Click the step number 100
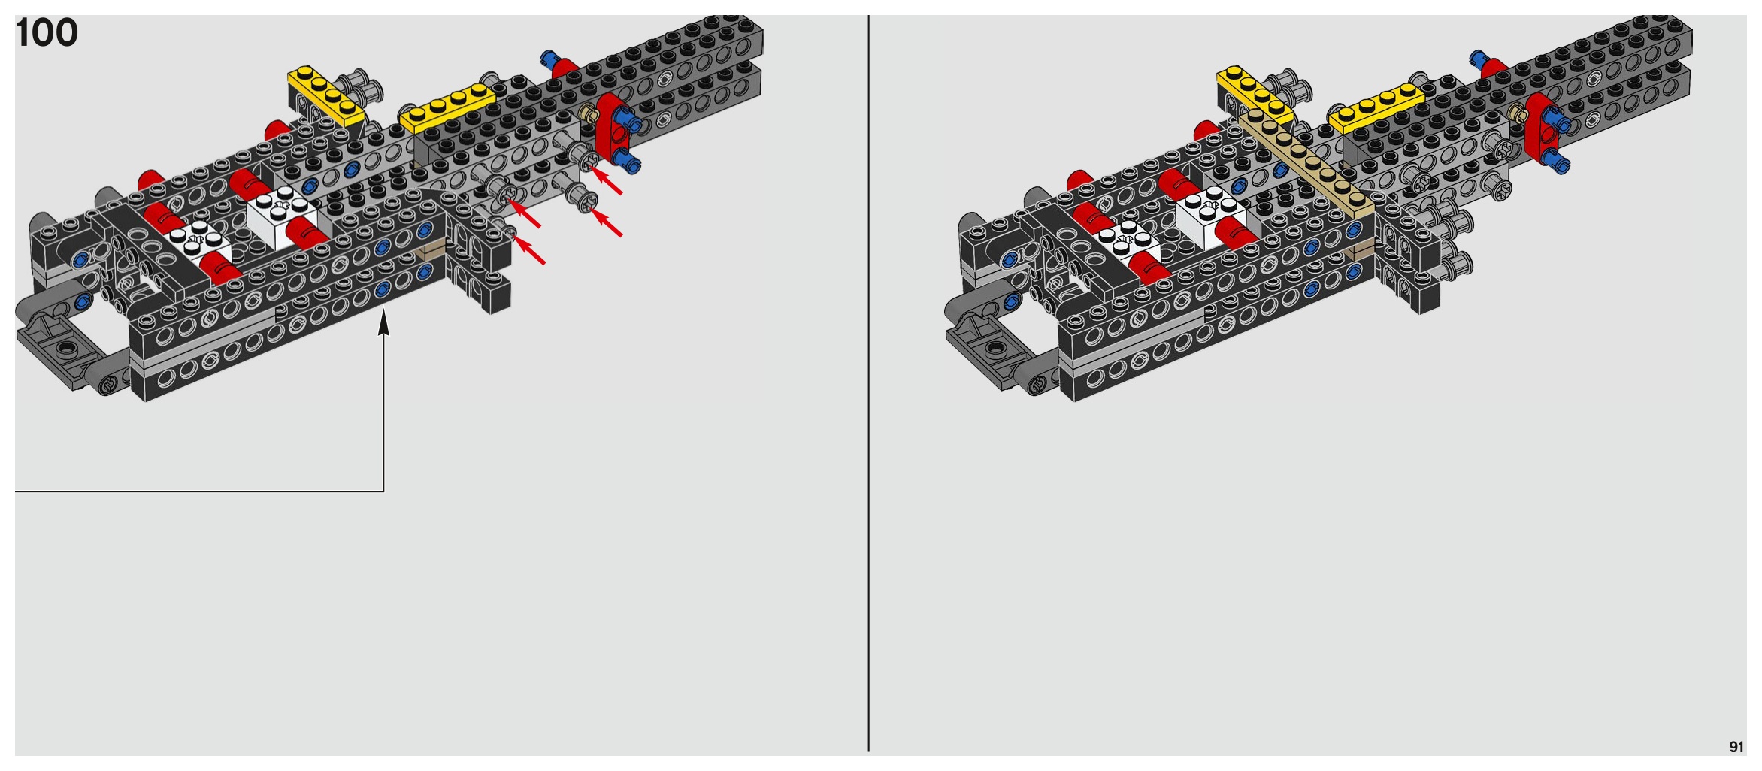(x=47, y=33)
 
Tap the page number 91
(x=1736, y=747)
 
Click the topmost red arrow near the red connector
(x=607, y=181)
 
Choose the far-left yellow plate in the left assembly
(x=325, y=94)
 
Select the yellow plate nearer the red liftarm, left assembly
(x=447, y=107)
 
